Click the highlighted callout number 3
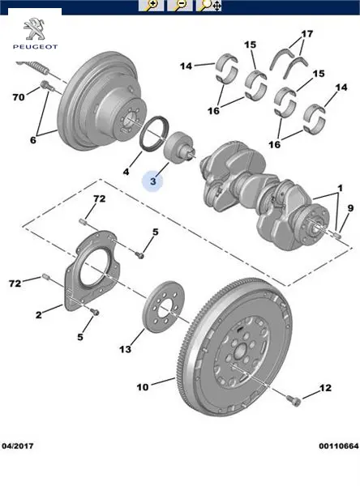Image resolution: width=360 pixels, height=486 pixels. pyautogui.click(x=153, y=181)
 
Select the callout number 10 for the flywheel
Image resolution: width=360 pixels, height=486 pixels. pyautogui.click(x=143, y=387)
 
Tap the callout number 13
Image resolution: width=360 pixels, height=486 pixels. pyautogui.click(x=126, y=349)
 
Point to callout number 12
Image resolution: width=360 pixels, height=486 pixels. pyautogui.click(x=325, y=388)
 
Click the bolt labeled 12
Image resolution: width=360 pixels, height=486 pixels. pyautogui.click(x=294, y=400)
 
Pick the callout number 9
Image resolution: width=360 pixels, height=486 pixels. pyautogui.click(x=350, y=208)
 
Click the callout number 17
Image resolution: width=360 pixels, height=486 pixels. pyautogui.click(x=307, y=33)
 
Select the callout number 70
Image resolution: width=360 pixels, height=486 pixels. pyautogui.click(x=19, y=97)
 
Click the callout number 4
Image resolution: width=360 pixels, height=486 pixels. pyautogui.click(x=126, y=172)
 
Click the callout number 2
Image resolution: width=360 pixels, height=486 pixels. pyautogui.click(x=38, y=315)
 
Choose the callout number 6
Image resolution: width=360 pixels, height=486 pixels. pyautogui.click(x=33, y=140)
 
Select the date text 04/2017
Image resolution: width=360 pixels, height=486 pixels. pyautogui.click(x=17, y=446)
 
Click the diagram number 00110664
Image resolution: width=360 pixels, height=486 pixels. pyautogui.click(x=339, y=446)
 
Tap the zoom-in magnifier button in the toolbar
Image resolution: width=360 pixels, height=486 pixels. pyautogui.click(x=151, y=6)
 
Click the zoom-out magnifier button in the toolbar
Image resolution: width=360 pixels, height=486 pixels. pyautogui.click(x=179, y=6)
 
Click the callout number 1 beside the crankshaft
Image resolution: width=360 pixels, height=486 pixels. pyautogui.click(x=341, y=188)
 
